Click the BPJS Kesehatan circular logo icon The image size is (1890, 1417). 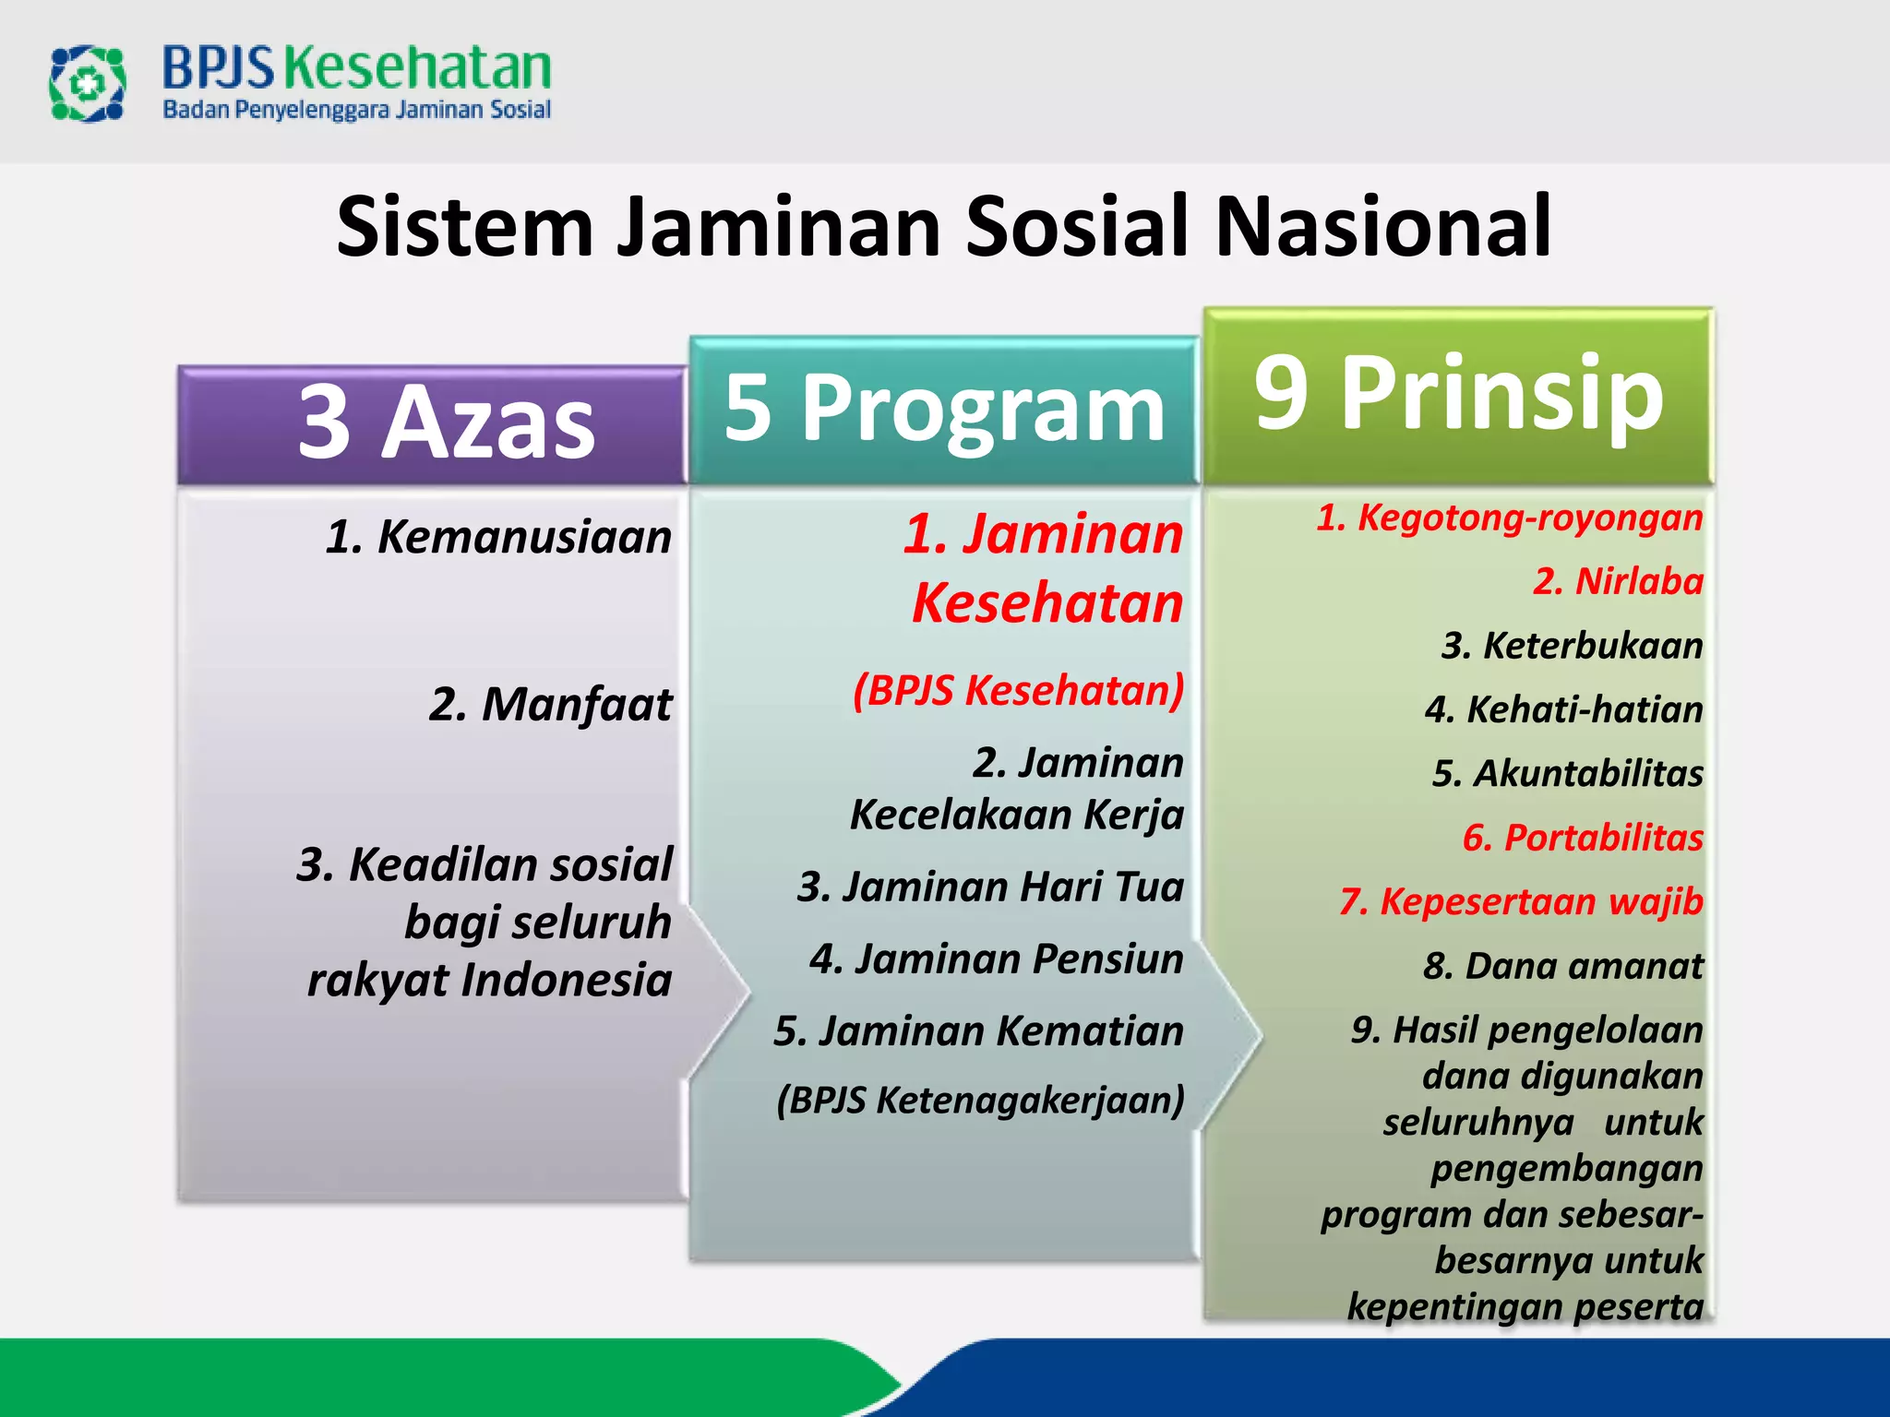click(87, 84)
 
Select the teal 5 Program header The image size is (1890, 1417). click(943, 409)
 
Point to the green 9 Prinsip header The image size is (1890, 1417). click(1458, 394)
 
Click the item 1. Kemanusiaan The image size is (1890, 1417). click(498, 537)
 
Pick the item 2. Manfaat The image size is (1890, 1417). click(550, 705)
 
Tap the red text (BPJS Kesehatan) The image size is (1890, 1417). click(1018, 690)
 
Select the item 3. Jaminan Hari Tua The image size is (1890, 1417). click(990, 887)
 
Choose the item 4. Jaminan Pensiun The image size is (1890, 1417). click(996, 959)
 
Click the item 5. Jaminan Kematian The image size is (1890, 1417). click(978, 1030)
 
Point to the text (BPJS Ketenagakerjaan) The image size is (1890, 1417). click(980, 1100)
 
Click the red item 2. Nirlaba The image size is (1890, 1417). click(1618, 581)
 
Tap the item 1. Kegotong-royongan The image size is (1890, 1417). click(1509, 518)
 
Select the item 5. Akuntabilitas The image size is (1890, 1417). click(1567, 773)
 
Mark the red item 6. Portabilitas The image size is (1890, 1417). click(1583, 838)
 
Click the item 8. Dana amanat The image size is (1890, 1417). click(1562, 966)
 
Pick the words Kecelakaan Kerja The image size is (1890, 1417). click(1016, 815)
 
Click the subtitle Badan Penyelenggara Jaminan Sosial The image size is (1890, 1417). click(356, 110)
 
